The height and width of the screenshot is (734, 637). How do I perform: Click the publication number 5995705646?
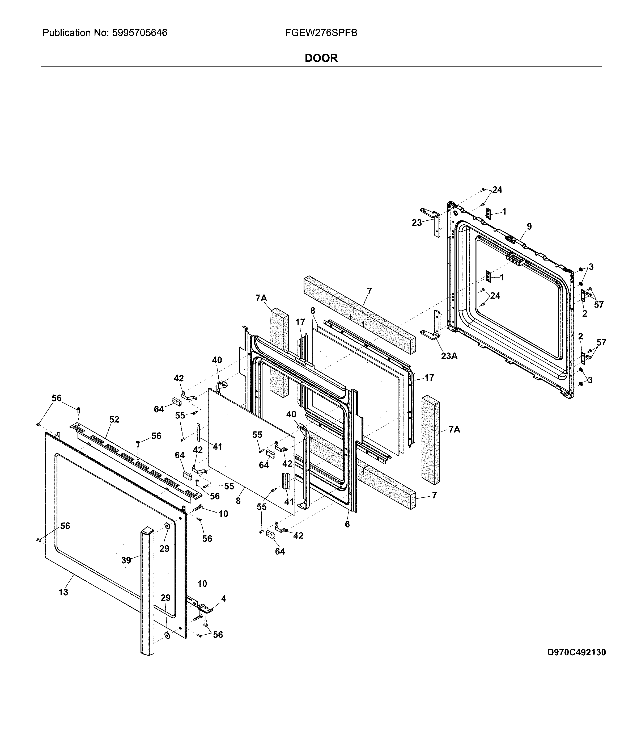click(139, 33)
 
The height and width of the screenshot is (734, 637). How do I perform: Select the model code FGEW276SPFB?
click(321, 33)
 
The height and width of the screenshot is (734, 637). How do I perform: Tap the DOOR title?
click(321, 58)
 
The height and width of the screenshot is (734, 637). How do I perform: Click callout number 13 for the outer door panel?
click(63, 592)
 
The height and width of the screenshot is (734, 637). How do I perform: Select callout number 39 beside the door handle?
click(126, 560)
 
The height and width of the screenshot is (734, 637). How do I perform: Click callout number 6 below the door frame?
click(347, 524)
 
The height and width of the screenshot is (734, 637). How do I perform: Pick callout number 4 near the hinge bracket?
click(223, 598)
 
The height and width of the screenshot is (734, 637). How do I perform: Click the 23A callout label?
click(449, 355)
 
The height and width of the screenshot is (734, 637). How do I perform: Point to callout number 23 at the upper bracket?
click(417, 223)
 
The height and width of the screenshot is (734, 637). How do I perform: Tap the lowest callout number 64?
click(280, 551)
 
